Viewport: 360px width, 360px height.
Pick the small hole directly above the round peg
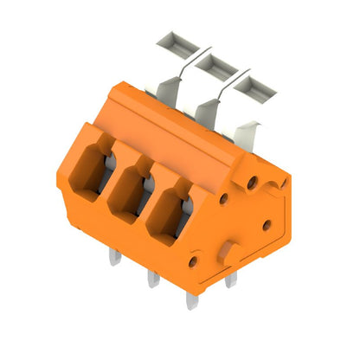tap(224, 198)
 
